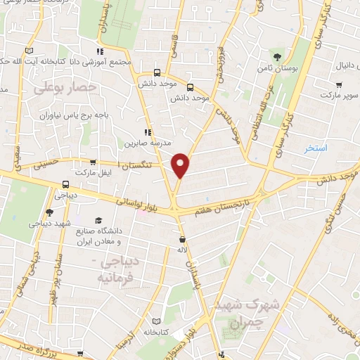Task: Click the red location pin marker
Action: [x=181, y=165]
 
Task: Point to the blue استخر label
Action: [x=316, y=149]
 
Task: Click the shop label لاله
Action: [x=182, y=250]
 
